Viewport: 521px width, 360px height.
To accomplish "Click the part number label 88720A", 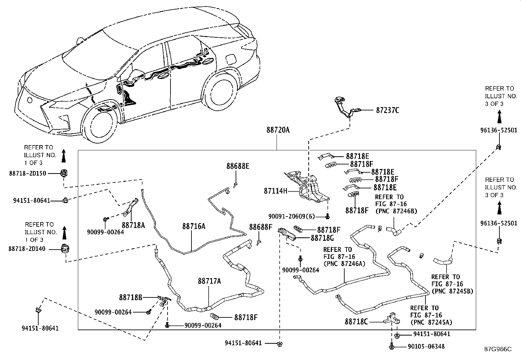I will [x=278, y=130].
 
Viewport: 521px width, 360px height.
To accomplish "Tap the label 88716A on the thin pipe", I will [x=194, y=226].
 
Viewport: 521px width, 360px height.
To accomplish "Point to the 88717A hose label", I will [x=209, y=281].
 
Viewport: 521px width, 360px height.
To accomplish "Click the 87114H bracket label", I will [x=276, y=190].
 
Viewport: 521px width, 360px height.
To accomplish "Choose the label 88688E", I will [x=238, y=166].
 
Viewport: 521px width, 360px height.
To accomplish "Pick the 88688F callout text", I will [x=260, y=227].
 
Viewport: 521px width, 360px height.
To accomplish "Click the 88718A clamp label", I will [x=134, y=225].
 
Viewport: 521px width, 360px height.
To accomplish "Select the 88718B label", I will [x=131, y=297].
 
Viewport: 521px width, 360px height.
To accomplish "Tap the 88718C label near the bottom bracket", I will [x=356, y=322].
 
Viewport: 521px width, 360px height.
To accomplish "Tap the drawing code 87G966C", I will [x=498, y=349].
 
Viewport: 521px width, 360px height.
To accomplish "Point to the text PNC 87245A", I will [x=431, y=322].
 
